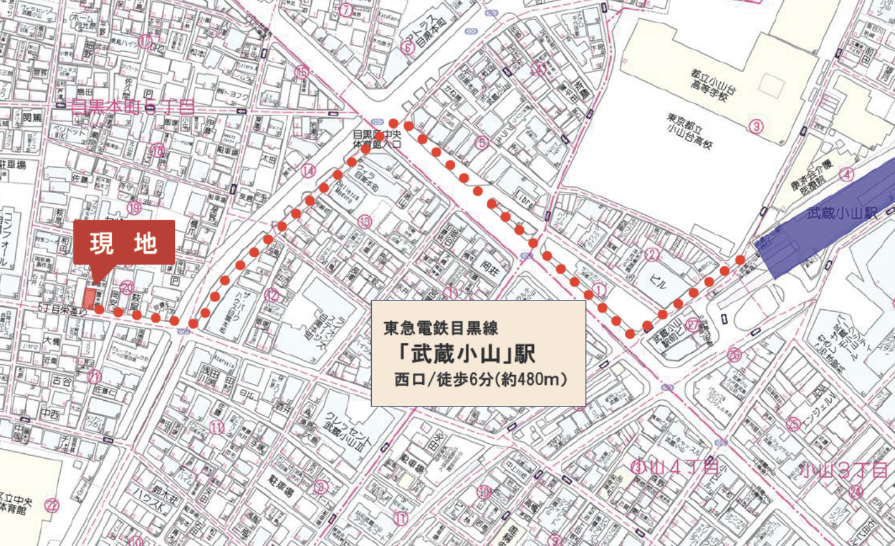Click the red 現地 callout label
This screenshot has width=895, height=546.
(124, 242)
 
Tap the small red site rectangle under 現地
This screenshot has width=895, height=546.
(89, 297)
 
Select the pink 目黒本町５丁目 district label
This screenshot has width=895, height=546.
(133, 107)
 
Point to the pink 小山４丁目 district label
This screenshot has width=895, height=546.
(675, 468)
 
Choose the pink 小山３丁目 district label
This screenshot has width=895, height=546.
(843, 470)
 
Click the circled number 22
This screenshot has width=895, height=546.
(52, 505)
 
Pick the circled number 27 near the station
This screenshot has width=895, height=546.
(693, 325)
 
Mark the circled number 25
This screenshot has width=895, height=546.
(794, 424)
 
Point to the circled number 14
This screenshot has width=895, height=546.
(307, 170)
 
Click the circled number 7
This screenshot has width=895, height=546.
(345, 9)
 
